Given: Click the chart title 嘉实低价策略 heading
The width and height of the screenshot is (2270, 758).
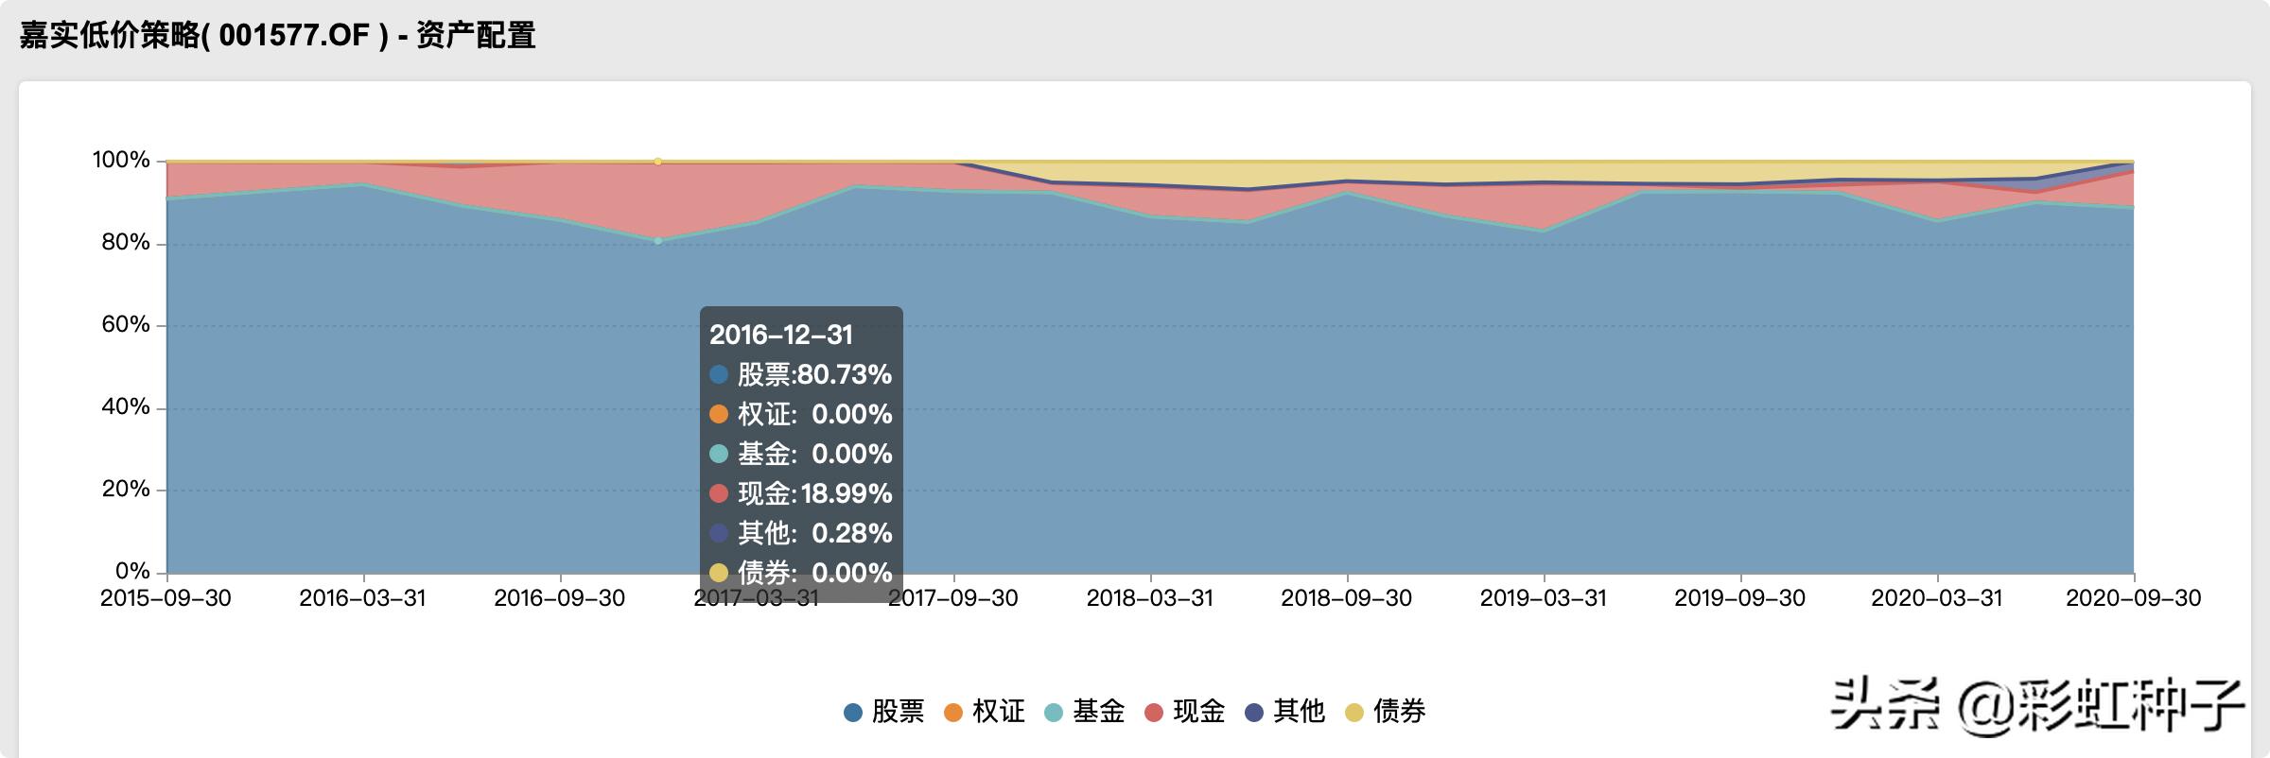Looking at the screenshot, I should (277, 36).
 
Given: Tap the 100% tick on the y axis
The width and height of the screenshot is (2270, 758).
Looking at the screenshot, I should (121, 161).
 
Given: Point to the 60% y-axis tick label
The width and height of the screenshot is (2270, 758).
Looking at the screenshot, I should (126, 325).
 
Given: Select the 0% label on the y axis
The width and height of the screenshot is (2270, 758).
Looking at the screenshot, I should (132, 572).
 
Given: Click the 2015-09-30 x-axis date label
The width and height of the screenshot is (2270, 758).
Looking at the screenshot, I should (166, 598).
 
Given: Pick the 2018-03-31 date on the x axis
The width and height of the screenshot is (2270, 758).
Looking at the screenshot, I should (1149, 598).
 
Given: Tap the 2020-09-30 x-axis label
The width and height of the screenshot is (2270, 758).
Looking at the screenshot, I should (2133, 598).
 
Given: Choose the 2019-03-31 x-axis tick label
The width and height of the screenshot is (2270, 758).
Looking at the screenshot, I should (1543, 598).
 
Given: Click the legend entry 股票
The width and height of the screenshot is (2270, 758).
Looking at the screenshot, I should (884, 712).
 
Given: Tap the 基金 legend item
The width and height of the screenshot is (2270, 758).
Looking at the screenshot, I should (1085, 712).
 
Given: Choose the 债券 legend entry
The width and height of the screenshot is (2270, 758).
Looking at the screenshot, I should (1386, 712).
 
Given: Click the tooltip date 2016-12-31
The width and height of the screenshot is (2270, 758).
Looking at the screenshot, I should (781, 335).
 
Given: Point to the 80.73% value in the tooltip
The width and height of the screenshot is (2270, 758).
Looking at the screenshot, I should (845, 375).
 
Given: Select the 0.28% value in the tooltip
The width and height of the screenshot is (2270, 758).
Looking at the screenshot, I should (852, 533).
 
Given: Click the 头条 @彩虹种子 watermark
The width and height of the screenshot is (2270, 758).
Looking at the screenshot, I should (2038, 705).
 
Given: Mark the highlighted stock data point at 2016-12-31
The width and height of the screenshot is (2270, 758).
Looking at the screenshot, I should (658, 241).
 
